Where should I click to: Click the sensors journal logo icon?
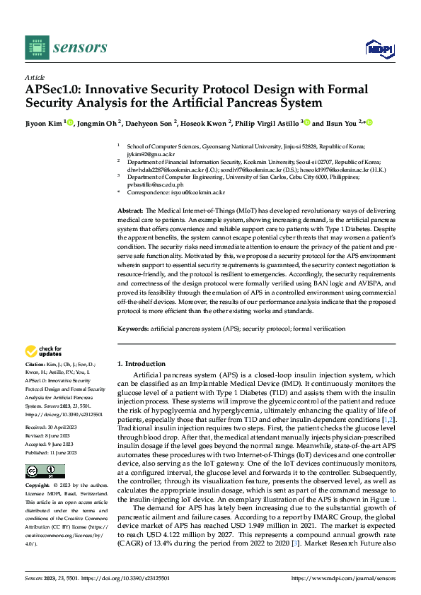tap(35, 47)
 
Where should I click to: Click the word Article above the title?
tap(35, 77)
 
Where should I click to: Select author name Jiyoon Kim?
tap(44, 122)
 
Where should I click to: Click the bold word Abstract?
tap(130, 211)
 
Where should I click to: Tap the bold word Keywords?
tap(132, 329)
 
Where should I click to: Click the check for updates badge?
tap(44, 351)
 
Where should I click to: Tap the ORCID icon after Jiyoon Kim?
tap(71, 122)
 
